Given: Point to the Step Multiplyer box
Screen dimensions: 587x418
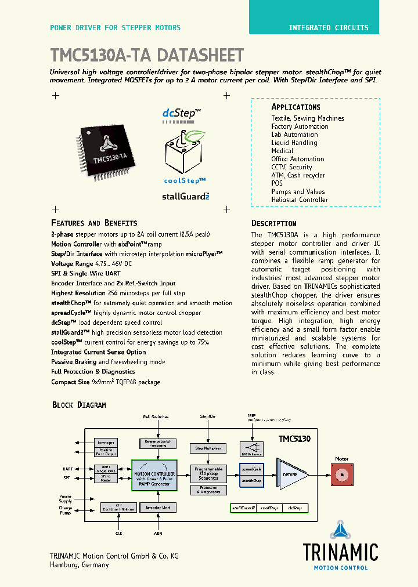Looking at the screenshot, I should pyautogui.click(x=207, y=448).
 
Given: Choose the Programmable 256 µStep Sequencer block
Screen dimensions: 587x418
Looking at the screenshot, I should pyautogui.click(x=207, y=473).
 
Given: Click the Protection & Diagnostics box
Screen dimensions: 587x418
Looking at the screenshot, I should pyautogui.click(x=207, y=490).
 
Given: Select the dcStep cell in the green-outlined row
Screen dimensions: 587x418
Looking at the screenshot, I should pyautogui.click(x=295, y=508).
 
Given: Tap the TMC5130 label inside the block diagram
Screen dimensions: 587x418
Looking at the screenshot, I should pyautogui.click(x=294, y=439).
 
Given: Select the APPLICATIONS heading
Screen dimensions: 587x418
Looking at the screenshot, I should pyautogui.click(x=296, y=107).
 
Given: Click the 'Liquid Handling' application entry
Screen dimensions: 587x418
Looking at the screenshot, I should pyautogui.click(x=294, y=143).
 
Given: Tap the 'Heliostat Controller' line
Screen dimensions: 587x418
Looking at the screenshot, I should pyautogui.click(x=300, y=200).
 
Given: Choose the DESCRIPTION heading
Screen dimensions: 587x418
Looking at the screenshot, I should pyautogui.click(x=273, y=223).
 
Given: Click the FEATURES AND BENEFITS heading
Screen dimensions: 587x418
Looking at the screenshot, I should pyautogui.click(x=94, y=223).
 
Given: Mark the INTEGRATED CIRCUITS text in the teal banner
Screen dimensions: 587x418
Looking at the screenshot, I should pyautogui.click(x=329, y=27).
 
